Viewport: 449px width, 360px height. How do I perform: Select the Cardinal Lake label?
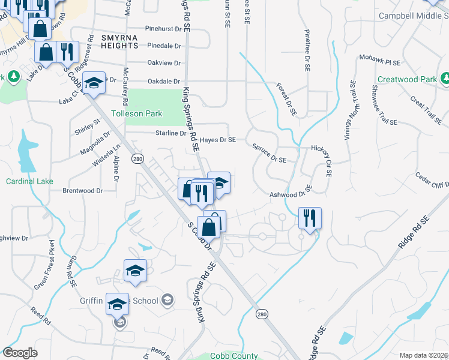[30, 181]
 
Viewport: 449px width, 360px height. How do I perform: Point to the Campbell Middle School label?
[414, 16]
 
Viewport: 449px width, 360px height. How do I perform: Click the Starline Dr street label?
[171, 133]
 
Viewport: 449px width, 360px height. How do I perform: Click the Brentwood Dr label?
[83, 190]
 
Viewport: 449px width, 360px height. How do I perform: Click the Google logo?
[20, 353]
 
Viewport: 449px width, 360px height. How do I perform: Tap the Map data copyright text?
[423, 355]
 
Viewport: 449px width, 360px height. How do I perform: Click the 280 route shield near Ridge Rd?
[262, 314]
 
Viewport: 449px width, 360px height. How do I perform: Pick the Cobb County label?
[234, 355]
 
